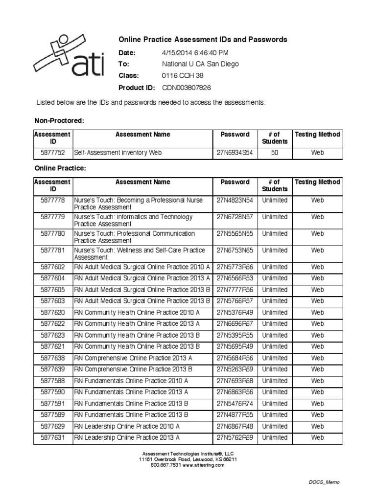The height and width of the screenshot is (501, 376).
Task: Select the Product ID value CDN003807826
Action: [187, 88]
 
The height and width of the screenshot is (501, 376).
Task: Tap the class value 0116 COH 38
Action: [183, 76]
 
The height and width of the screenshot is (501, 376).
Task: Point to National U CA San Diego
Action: [200, 64]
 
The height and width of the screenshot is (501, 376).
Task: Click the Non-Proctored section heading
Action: [59, 120]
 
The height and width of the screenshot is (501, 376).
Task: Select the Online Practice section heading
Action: [60, 168]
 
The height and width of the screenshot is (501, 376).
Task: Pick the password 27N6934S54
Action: [235, 153]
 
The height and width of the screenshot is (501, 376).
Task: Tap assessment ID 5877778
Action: [53, 200]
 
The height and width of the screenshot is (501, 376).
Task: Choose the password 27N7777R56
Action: [235, 290]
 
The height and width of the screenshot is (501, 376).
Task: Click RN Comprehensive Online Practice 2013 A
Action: [133, 358]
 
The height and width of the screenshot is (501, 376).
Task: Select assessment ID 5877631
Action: [53, 437]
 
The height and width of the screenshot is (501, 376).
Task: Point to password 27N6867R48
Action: [235, 426]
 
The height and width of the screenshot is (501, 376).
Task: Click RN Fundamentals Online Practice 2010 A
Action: [131, 381]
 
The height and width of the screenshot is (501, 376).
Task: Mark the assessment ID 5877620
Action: [53, 312]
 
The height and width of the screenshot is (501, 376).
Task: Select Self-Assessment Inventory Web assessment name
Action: [117, 153]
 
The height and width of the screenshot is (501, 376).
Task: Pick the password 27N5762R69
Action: [235, 437]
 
